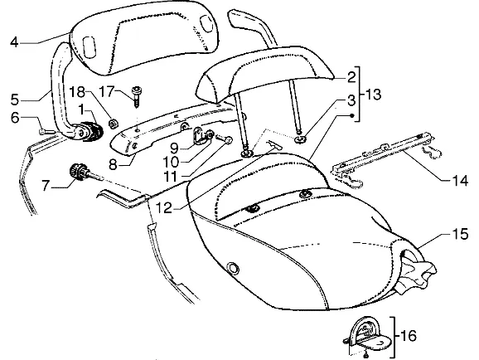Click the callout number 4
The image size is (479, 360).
pyautogui.click(x=14, y=42)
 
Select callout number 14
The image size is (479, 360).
pyautogui.click(x=459, y=181)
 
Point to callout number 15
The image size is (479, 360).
pyautogui.click(x=459, y=234)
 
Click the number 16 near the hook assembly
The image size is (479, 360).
pyautogui.click(x=408, y=336)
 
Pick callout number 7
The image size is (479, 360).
pyautogui.click(x=46, y=185)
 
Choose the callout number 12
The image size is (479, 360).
pyautogui.click(x=164, y=208)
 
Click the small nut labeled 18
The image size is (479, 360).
pyautogui.click(x=114, y=124)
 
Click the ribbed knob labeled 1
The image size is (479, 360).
pyautogui.click(x=91, y=130)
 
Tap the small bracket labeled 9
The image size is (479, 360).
pyautogui.click(x=202, y=137)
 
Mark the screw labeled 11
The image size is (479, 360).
pyautogui.click(x=224, y=139)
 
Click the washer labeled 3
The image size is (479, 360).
pyautogui.click(x=300, y=140)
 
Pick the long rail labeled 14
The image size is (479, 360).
pyautogui.click(x=385, y=152)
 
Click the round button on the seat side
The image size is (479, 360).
pyautogui.click(x=234, y=269)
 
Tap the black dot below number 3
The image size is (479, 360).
pyautogui.click(x=351, y=115)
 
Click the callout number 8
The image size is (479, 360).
pyautogui.click(x=113, y=165)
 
